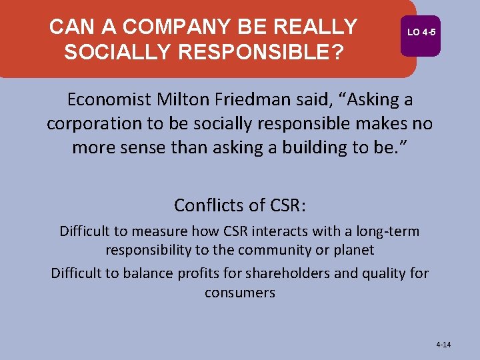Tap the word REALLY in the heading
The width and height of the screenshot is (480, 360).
(x=317, y=27)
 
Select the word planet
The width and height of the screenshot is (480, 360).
(x=355, y=250)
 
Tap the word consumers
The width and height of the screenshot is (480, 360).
(x=240, y=293)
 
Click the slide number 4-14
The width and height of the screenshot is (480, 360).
(x=443, y=345)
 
